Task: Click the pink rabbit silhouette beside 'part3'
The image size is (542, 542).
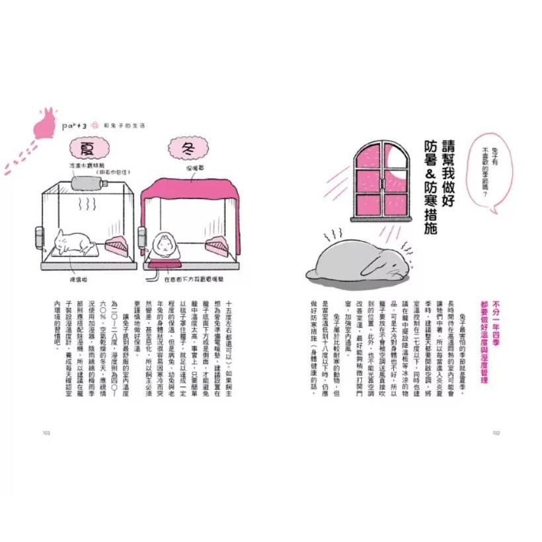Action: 44,123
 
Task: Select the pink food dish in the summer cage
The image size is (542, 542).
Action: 118,247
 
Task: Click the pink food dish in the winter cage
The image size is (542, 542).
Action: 218,247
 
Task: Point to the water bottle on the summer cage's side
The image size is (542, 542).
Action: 39,236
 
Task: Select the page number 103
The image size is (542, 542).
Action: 46,433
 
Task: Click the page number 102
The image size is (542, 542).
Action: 496,433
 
